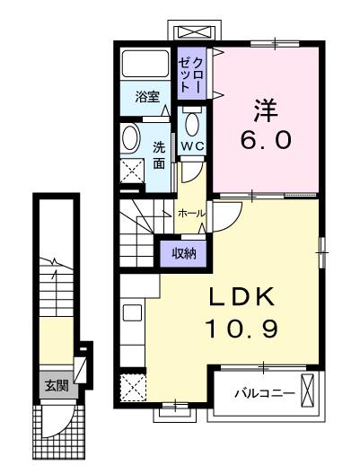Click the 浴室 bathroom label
[147, 97]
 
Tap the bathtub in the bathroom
[145, 64]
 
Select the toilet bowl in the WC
[192, 123]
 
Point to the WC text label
[192, 146]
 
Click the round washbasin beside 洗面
[130, 137]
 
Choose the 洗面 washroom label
[159, 155]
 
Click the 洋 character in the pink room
[265, 110]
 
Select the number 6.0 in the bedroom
[267, 140]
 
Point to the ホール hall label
[191, 214]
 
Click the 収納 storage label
[184, 253]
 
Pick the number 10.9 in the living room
[241, 329]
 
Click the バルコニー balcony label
[265, 393]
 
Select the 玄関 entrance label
[57, 386]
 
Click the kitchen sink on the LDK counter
[132, 313]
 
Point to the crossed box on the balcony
[308, 390]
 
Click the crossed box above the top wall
[194, 31]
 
